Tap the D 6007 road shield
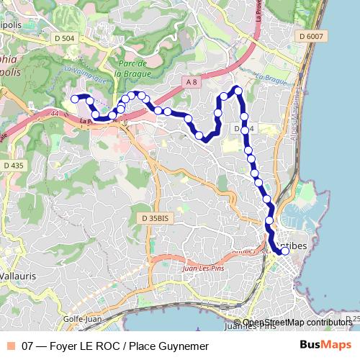(311, 36)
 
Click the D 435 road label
(13, 166)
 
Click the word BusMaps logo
(325, 345)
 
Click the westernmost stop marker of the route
(74, 99)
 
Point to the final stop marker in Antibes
(285, 251)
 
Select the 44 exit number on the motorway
(55, 113)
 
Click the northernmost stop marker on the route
(237, 90)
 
